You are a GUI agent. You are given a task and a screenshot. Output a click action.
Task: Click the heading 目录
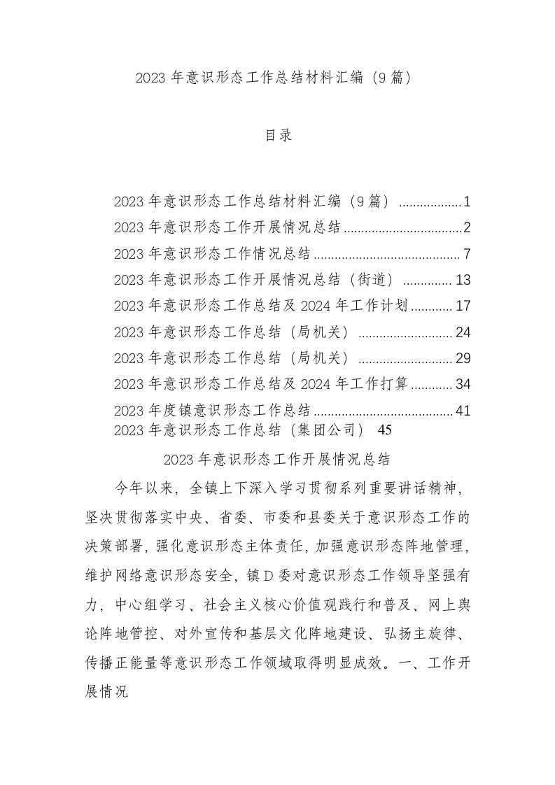[x=277, y=136]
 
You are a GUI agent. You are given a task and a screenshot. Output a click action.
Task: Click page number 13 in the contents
[x=463, y=281]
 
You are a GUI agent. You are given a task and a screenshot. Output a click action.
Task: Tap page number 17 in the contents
[x=463, y=306]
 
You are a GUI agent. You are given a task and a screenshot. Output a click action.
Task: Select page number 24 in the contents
[x=463, y=332]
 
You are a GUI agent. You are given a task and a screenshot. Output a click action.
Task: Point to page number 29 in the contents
[x=463, y=358]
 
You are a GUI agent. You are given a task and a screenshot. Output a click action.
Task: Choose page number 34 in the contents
[x=463, y=384]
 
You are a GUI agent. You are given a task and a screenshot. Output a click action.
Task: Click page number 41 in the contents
[x=463, y=411]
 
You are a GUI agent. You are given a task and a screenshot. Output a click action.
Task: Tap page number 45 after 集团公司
[x=384, y=428]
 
